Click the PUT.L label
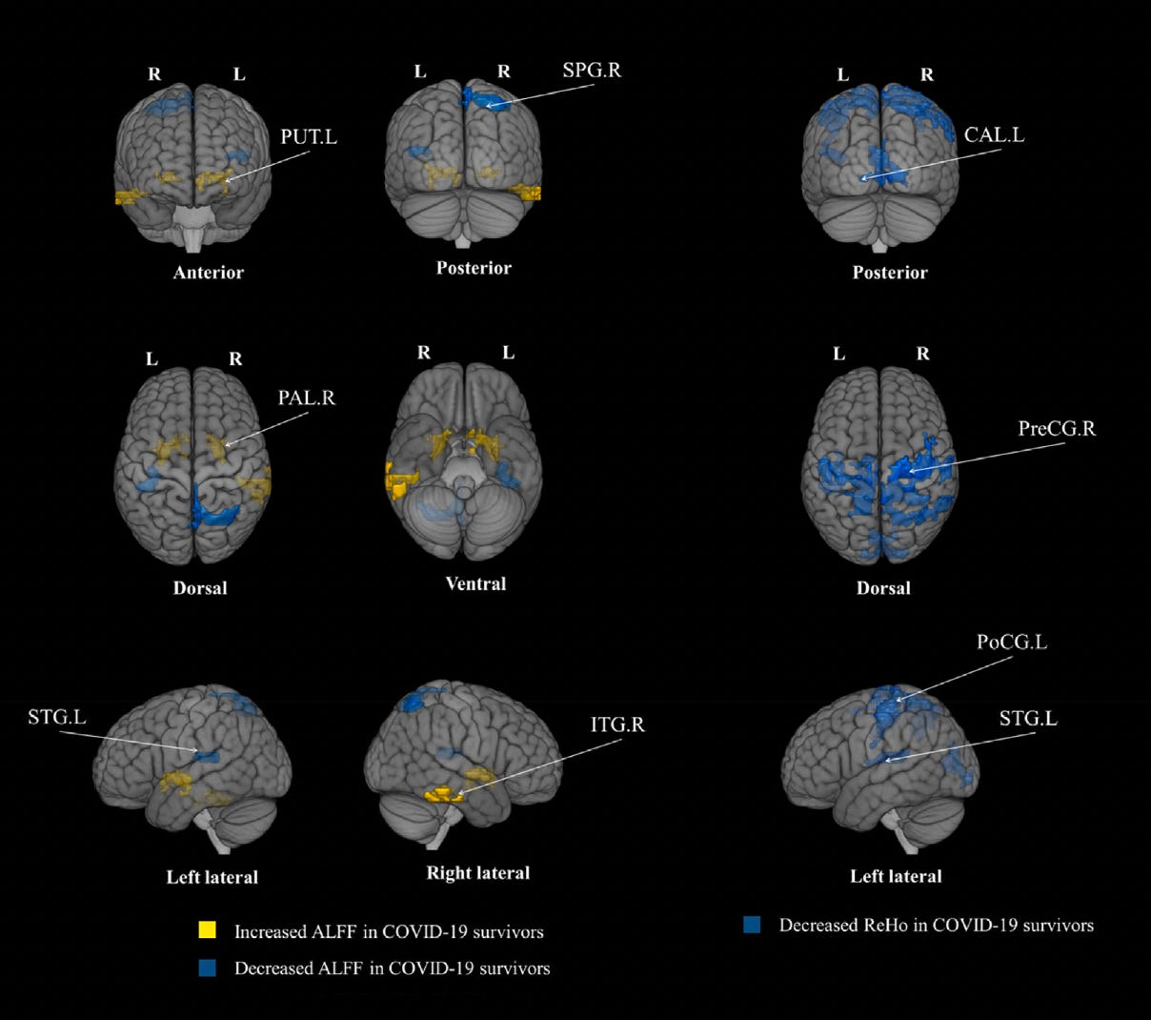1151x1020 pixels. (308, 137)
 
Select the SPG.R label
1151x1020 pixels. (591, 71)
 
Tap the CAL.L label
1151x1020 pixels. (994, 135)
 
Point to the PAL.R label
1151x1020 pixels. (306, 398)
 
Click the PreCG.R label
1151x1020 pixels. (1057, 429)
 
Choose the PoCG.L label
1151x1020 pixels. (1011, 643)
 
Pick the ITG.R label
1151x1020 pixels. (617, 725)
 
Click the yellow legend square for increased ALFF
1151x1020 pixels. (207, 929)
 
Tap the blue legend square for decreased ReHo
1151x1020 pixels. (752, 924)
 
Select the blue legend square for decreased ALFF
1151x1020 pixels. (207, 967)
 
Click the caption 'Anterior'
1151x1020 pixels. (209, 273)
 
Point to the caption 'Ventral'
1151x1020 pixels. (475, 583)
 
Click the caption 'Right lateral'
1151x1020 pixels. (477, 872)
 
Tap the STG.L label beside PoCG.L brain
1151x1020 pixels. (1027, 718)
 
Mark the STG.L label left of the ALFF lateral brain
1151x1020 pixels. (56, 717)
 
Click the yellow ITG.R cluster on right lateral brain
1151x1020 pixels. (443, 793)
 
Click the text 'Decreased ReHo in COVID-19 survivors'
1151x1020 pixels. (936, 925)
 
